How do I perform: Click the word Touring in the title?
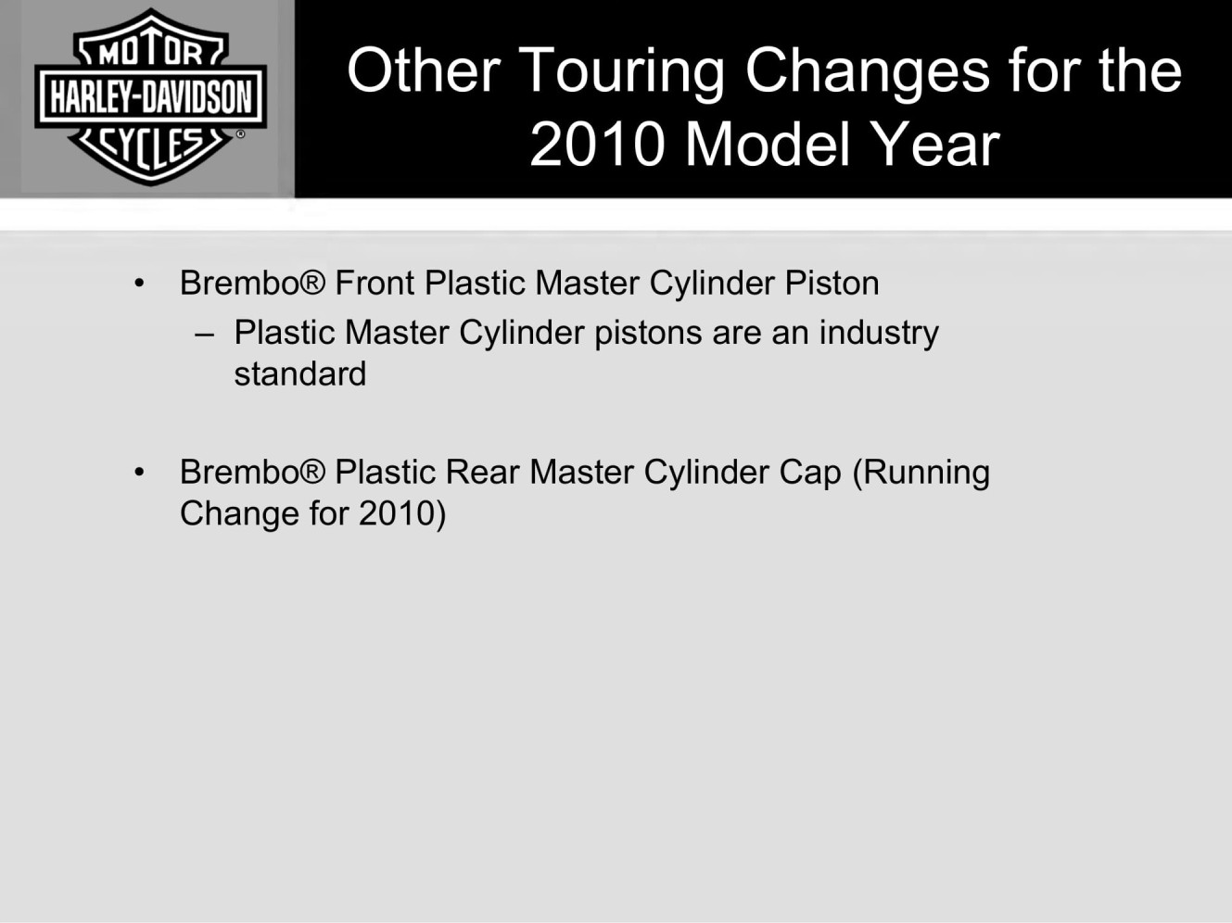[622, 73]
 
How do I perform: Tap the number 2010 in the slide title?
[598, 145]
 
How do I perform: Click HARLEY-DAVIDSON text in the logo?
[151, 96]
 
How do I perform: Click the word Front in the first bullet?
[375, 283]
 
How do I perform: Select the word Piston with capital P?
[832, 283]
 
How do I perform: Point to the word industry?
[879, 334]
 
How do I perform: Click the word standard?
[300, 373]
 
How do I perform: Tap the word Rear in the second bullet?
[482, 472]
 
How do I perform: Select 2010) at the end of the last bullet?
[402, 513]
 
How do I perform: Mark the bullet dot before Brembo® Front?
[140, 284]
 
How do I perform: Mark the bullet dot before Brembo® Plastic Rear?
[140, 473]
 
